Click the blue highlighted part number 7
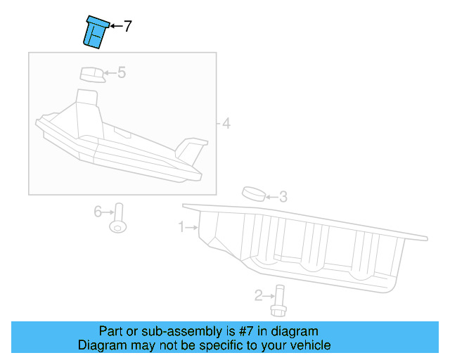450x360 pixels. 94,32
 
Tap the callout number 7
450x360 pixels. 127,27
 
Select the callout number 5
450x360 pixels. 121,72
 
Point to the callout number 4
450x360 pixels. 225,124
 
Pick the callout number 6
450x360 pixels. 98,210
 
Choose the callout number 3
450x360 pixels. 283,197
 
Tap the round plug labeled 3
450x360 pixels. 254,194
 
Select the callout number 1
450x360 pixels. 181,227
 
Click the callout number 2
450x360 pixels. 258,295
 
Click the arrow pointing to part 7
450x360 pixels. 115,27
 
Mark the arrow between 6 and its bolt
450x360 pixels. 108,210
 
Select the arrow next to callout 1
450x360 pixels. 191,227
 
